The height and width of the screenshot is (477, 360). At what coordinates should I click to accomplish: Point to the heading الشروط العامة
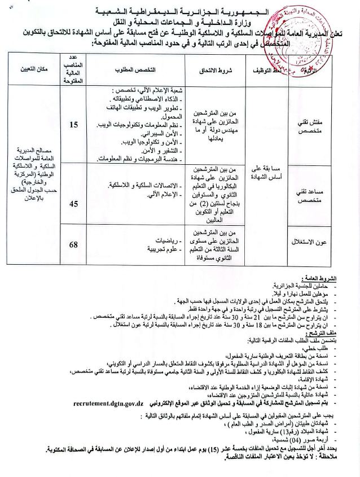click(x=319, y=279)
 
